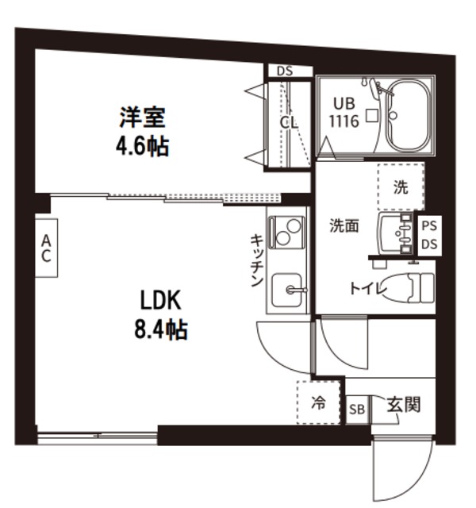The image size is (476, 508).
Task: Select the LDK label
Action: tap(163, 302)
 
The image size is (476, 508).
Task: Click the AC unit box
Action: tap(46, 249)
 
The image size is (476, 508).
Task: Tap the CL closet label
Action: tap(288, 123)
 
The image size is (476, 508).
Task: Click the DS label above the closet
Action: tap(285, 71)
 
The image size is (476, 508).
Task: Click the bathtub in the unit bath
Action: tap(407, 117)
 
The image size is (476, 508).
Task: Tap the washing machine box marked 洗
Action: tap(401, 188)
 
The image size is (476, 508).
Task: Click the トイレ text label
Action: tap(367, 289)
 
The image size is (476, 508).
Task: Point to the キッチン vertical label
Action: tap(257, 260)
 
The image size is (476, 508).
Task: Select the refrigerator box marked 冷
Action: tap(318, 403)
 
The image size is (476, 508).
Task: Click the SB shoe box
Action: tap(357, 409)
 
